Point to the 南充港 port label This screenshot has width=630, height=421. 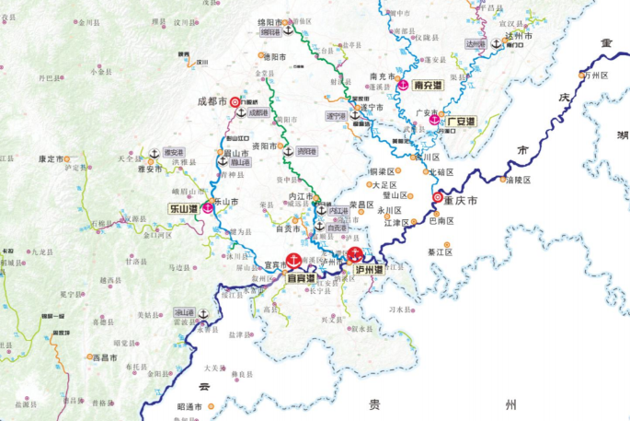click(430, 85)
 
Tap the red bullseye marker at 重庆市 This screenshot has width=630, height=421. click(436, 197)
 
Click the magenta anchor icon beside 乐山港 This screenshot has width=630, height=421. click(209, 207)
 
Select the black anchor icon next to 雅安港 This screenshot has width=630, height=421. click(154, 153)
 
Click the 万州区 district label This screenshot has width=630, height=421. click(599, 75)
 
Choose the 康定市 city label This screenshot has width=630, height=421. click(52, 158)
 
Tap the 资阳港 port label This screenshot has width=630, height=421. click(306, 152)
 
